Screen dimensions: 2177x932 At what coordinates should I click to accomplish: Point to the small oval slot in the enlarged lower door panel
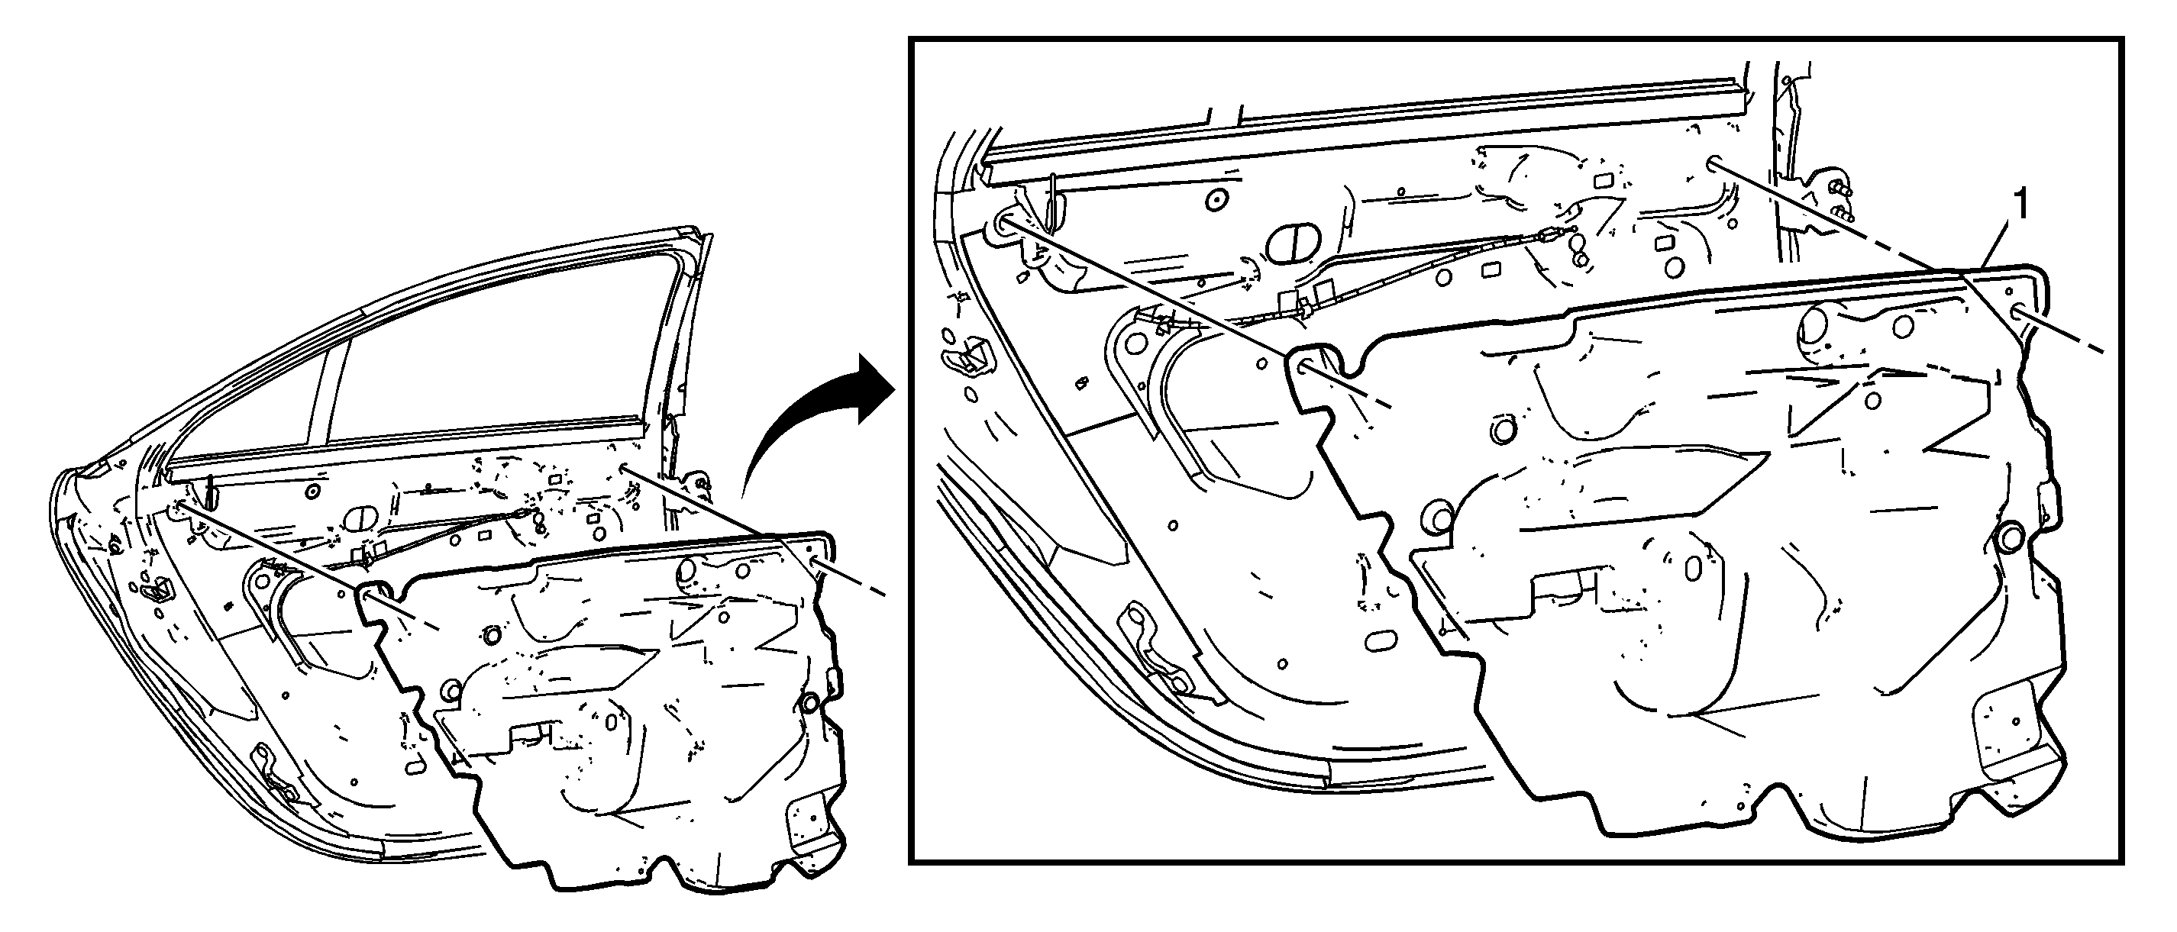coord(1381,640)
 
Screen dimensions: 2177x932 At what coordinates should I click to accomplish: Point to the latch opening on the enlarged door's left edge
coord(968,354)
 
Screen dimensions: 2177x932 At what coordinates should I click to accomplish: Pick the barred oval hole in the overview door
coord(360,519)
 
